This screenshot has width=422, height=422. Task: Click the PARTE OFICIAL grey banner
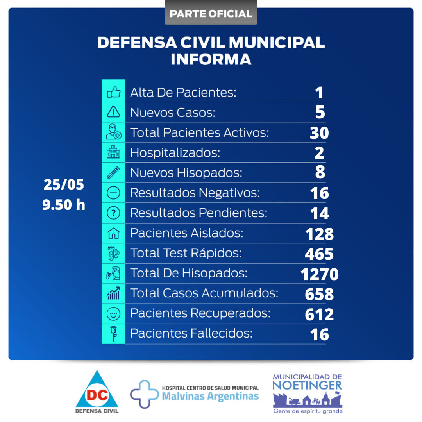(x=211, y=14)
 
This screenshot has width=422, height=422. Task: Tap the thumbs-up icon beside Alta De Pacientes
(x=113, y=92)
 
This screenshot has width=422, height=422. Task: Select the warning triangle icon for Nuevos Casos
(x=113, y=113)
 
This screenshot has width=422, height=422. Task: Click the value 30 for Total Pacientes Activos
(x=319, y=133)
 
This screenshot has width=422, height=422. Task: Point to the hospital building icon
(x=113, y=153)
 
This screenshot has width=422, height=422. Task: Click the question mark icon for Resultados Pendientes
(x=113, y=213)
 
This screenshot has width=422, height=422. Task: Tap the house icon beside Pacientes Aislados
(x=113, y=233)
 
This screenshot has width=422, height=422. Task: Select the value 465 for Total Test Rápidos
(x=319, y=254)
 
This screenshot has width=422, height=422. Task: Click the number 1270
(x=319, y=274)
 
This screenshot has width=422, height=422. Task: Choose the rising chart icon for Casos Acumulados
(x=113, y=293)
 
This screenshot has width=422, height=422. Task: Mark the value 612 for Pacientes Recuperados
(x=319, y=314)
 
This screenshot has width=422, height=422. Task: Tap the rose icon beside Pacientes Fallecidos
(x=113, y=334)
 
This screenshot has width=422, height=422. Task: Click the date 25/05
(x=64, y=185)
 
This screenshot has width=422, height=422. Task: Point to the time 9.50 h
(x=64, y=205)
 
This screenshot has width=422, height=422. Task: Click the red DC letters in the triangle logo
(x=97, y=395)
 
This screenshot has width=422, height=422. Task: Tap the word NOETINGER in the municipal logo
(x=307, y=385)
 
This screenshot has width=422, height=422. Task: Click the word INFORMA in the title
(x=211, y=59)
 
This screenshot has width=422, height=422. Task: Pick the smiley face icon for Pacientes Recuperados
(x=113, y=314)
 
